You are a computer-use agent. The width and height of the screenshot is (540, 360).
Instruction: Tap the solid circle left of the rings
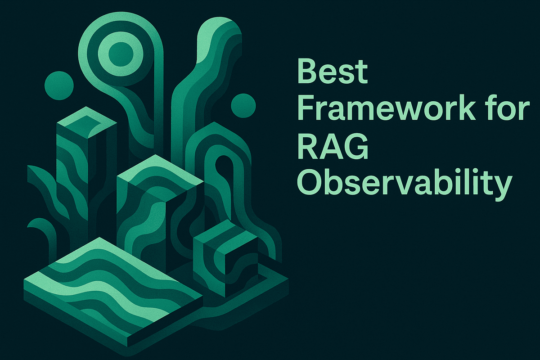point(59,84)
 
